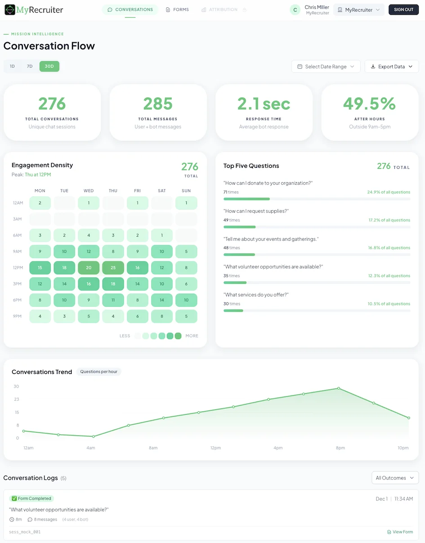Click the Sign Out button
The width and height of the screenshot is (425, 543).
coord(403,9)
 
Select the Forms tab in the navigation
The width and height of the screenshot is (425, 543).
coord(177,9)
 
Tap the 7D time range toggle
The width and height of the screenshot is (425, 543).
coord(30,67)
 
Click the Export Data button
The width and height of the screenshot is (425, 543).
coord(391,67)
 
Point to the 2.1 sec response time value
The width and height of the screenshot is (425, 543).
coord(264,104)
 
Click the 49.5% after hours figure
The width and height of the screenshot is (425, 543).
coord(369,104)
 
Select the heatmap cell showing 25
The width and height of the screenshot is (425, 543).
coord(113,268)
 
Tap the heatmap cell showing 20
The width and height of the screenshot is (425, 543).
coord(89,268)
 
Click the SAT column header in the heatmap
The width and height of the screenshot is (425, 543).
coord(162,191)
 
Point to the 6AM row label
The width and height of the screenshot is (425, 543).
coord(18,236)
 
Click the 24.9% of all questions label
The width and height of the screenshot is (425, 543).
coord(388,192)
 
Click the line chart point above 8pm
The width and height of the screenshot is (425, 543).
coord(339,388)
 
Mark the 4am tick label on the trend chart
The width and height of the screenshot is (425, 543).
coord(91,448)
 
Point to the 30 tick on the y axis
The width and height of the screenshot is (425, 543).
coord(16,386)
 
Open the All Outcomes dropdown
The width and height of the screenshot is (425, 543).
coord(395,478)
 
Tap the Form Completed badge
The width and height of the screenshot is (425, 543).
coord(31,498)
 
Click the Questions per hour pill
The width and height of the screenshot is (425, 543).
coord(98,372)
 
